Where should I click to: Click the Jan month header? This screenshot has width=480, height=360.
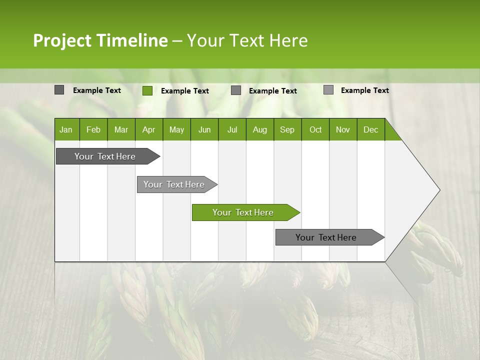(66, 129)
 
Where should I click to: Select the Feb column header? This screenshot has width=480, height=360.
(93, 129)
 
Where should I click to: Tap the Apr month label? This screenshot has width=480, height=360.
(148, 129)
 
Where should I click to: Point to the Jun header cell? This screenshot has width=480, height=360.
(204, 129)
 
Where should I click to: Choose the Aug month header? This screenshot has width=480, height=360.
(259, 129)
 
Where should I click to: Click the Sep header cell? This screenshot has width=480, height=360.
(287, 129)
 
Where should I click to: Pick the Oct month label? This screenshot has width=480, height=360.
(315, 129)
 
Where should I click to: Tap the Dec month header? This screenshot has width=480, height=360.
(370, 129)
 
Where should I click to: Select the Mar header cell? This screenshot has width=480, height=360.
(121, 129)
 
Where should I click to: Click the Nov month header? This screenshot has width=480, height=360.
(343, 129)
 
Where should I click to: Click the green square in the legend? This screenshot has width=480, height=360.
(147, 90)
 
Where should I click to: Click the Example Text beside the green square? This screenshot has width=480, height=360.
(185, 91)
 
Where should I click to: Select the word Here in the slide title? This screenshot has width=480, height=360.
(288, 40)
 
